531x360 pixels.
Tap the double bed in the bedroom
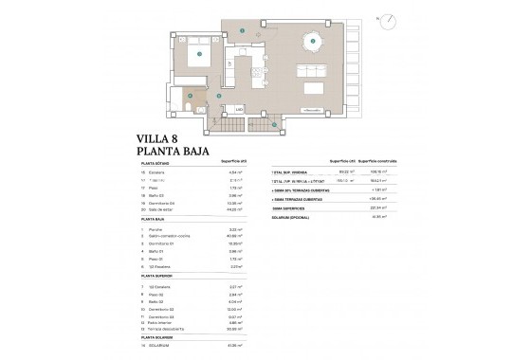200,55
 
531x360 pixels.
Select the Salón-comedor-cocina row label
166,236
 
